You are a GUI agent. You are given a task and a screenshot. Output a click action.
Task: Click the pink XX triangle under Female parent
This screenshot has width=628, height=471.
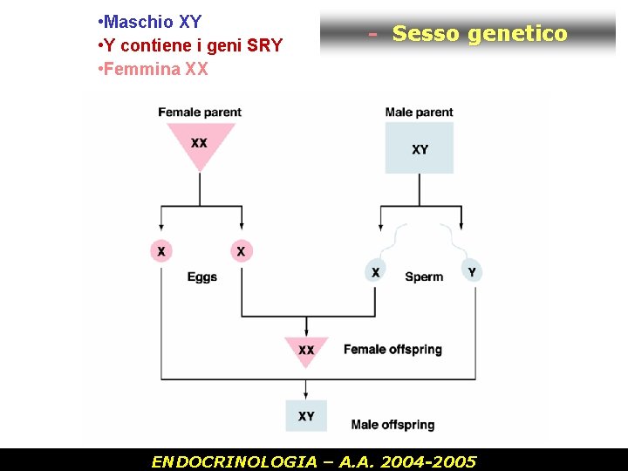point(200,142)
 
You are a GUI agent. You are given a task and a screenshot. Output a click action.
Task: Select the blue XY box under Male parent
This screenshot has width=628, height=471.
point(420,148)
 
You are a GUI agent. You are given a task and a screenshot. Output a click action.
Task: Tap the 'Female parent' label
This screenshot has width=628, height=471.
point(200,112)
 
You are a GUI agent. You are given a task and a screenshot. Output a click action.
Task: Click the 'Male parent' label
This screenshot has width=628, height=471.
point(420,112)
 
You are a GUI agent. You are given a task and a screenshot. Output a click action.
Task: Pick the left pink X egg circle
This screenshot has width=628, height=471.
point(160,251)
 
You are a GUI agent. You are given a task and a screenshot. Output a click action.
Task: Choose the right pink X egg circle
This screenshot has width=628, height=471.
point(241,251)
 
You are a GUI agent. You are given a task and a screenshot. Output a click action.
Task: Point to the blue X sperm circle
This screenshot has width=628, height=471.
point(375,271)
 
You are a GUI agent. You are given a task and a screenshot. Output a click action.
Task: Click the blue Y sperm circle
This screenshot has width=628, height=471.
point(472,271)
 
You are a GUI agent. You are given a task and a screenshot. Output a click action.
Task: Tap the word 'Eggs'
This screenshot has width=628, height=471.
point(202,277)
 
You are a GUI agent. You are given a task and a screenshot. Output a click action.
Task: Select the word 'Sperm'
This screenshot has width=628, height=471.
point(424,277)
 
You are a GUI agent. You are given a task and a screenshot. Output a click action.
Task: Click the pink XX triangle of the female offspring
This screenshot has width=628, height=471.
point(306,348)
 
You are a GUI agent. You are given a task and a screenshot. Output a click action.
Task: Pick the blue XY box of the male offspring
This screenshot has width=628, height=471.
point(306,415)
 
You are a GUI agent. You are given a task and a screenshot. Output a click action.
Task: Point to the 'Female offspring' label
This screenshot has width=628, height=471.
point(392,350)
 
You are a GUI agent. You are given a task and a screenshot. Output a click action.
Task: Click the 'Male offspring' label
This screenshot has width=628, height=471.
point(392,425)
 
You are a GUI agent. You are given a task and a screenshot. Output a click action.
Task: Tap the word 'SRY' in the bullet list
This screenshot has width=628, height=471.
point(264,45)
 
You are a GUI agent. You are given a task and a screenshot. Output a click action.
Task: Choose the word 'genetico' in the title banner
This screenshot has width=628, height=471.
point(517,33)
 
